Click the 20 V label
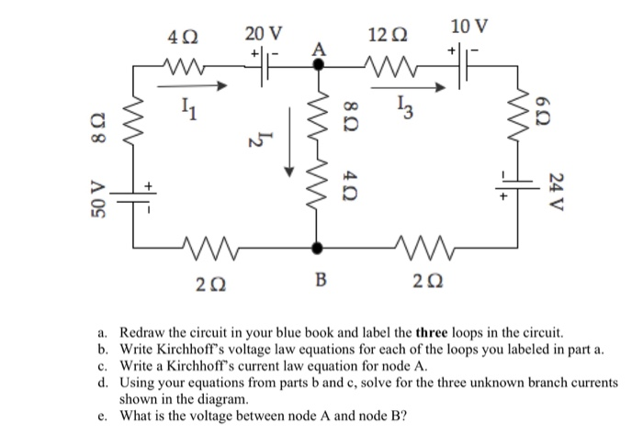(x=264, y=34)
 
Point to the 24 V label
(x=555, y=189)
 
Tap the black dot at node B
(x=319, y=247)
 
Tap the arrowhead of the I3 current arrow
(x=451, y=88)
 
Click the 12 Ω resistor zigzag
(x=385, y=65)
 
